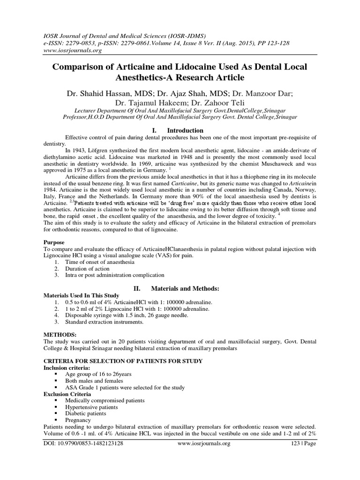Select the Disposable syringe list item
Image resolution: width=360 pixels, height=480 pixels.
pos(120,316)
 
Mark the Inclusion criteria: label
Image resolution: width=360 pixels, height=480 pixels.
pos(63,368)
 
